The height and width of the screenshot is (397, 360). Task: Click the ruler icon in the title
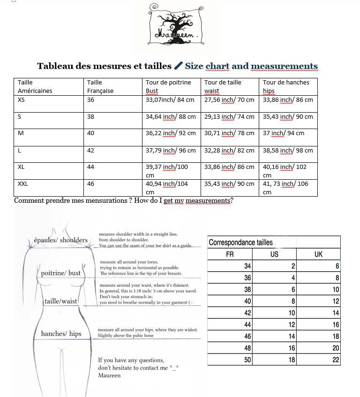[178, 66]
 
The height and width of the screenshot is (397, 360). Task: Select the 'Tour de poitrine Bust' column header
[168, 86]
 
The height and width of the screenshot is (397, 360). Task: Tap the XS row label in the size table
[22, 99]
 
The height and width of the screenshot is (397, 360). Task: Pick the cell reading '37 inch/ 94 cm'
[283, 133]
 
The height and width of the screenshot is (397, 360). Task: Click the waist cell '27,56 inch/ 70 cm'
[229, 99]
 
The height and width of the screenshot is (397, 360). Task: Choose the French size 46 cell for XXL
[90, 184]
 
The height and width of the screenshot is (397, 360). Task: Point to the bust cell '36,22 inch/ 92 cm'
[170, 133]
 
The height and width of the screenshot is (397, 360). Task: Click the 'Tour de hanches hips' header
[285, 86]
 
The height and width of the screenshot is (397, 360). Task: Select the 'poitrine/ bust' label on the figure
[61, 273]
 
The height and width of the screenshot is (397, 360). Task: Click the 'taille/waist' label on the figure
[61, 301]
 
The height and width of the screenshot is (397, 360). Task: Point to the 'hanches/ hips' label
[61, 334]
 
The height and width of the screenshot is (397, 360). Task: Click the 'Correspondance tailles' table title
[240, 243]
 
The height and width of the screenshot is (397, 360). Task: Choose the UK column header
[318, 254]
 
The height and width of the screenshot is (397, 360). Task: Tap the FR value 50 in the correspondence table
[247, 360]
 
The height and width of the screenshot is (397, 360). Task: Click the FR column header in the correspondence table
[230, 254]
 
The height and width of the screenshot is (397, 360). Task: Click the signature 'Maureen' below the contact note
[109, 375]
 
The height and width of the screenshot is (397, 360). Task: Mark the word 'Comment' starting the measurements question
[29, 201]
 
